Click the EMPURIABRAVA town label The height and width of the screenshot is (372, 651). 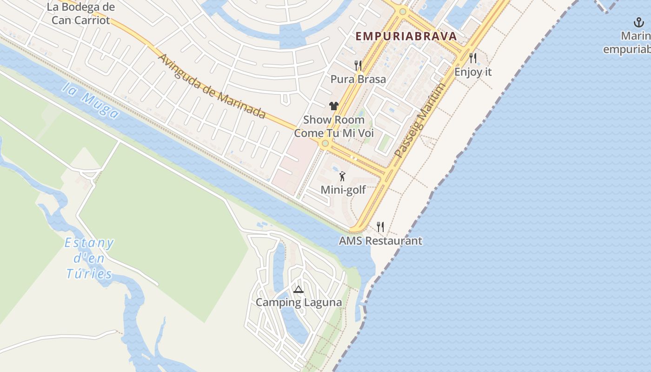coord(406,36)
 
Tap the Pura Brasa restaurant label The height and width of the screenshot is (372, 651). coord(358,79)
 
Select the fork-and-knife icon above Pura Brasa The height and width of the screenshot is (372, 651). coord(358,65)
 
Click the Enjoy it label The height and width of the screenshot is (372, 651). coord(473,72)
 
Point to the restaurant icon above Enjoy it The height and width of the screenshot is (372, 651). coord(473,58)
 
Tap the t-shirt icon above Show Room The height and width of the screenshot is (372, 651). coord(333,106)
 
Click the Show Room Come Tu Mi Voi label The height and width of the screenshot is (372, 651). coord(334,126)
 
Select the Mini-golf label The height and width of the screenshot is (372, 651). coord(343,190)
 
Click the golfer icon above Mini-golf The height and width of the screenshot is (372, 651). coord(343,176)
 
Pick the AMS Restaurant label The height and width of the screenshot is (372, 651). coord(380,241)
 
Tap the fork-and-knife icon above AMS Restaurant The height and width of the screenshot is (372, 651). coord(380,226)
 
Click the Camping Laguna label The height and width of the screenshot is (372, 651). coord(299,303)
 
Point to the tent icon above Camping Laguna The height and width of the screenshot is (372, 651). coord(298,289)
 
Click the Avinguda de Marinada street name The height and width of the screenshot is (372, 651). coord(212,86)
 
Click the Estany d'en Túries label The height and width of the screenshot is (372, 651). coord(89,258)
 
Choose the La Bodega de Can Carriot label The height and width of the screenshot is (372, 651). coord(81,14)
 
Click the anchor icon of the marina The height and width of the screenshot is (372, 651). coord(638,22)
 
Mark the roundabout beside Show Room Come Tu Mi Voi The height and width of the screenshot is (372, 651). coord(325,144)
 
